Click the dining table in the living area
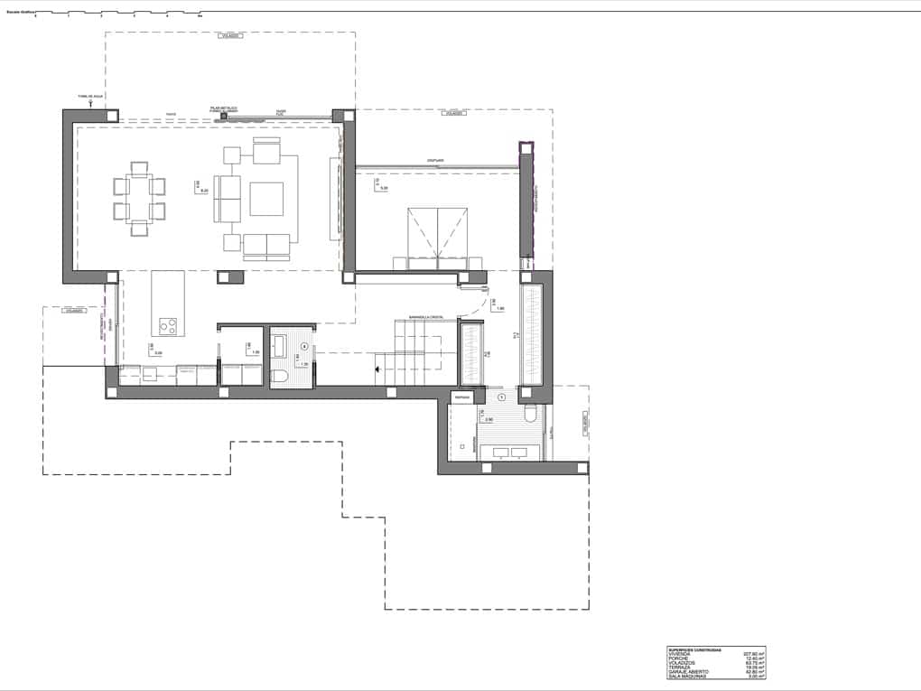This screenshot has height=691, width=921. pyautogui.click(x=139, y=199)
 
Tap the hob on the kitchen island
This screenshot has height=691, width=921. pyautogui.click(x=168, y=326)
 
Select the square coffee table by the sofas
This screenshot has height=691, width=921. pyautogui.click(x=266, y=199)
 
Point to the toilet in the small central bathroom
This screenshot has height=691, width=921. pyautogui.click(x=279, y=377)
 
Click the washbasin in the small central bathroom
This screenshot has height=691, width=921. pyautogui.click(x=279, y=346)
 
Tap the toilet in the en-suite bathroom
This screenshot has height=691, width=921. pyautogui.click(x=530, y=415)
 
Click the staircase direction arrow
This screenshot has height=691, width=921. pyautogui.click(x=380, y=368)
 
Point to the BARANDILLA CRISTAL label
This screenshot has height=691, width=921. pyautogui.click(x=424, y=317)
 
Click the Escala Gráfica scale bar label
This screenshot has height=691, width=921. pyautogui.click(x=20, y=12)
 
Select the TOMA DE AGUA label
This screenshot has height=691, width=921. pyautogui.click(x=91, y=95)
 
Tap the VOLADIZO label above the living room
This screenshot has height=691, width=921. pyautogui.click(x=229, y=35)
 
